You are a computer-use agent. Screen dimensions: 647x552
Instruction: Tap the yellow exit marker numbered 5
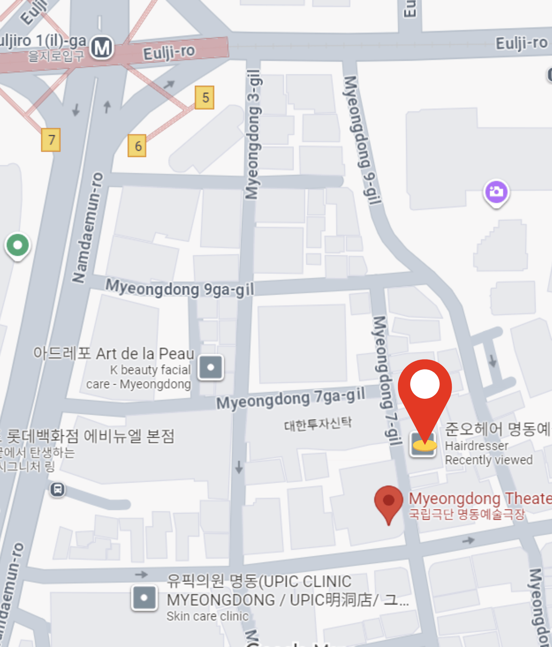[x=204, y=97]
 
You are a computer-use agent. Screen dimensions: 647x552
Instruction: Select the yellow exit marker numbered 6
[x=137, y=146]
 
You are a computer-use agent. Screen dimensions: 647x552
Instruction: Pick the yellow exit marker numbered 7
[x=51, y=140]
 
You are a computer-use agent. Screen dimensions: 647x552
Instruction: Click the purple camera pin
[x=496, y=192]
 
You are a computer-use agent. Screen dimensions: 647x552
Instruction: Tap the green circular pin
[x=18, y=245]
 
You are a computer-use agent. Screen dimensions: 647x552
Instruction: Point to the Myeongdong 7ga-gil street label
[x=291, y=398]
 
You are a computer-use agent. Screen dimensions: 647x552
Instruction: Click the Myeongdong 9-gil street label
[x=362, y=140]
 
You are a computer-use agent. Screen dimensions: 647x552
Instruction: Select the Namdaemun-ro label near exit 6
[x=88, y=227]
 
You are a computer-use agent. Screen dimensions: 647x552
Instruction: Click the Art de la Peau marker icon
[x=211, y=367]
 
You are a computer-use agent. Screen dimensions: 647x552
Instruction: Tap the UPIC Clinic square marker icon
[x=144, y=598]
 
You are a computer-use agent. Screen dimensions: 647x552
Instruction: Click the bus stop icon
[x=58, y=490]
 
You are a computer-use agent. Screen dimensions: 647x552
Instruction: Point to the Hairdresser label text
[x=476, y=446]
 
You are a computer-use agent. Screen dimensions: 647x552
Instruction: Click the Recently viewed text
[x=489, y=460]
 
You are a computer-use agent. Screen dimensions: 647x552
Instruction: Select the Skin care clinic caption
[x=207, y=616]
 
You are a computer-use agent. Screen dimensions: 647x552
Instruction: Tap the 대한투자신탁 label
[x=318, y=424]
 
